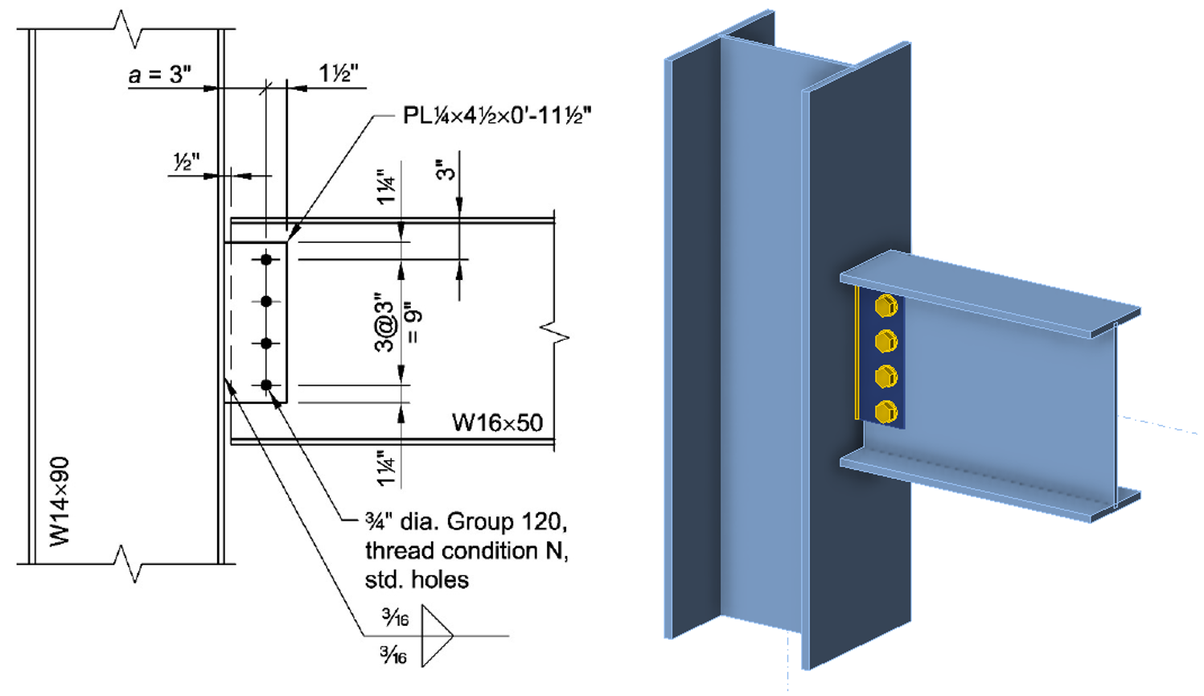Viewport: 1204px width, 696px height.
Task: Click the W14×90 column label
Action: click(60, 501)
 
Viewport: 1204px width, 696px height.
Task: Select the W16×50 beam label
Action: click(497, 422)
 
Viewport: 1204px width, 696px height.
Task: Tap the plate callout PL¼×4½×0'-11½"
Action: click(497, 116)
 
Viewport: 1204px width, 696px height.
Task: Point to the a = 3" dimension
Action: click(159, 75)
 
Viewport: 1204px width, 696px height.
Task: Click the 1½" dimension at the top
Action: click(338, 74)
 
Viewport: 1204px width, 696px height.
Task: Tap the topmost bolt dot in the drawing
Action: click(266, 259)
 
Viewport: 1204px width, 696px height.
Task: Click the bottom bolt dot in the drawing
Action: click(266, 385)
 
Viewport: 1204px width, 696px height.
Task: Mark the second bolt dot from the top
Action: click(266, 301)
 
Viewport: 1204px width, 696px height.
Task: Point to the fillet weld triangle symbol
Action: click(436, 636)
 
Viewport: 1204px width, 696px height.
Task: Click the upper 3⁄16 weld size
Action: click(395, 618)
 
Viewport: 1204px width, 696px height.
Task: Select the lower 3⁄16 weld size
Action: click(393, 655)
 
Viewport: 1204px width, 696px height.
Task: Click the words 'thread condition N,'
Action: click(466, 550)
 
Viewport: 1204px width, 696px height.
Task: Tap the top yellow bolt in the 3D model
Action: click(886, 306)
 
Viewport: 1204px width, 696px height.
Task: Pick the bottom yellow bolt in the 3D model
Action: click(886, 412)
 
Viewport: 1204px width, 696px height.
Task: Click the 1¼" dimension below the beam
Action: click(387, 467)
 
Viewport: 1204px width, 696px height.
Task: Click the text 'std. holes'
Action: click(417, 579)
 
